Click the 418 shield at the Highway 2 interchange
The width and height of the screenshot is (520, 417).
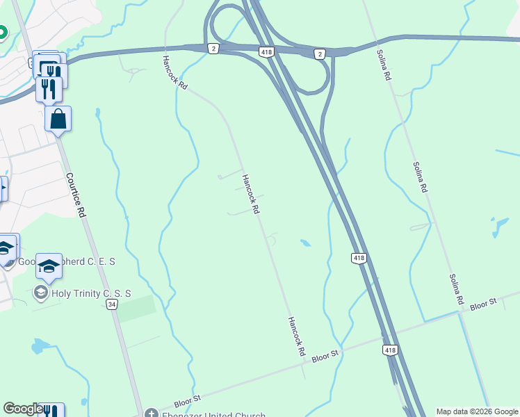(267, 52)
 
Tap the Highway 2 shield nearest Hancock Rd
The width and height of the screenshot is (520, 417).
(213, 48)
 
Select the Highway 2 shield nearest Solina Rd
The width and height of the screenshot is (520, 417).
(319, 54)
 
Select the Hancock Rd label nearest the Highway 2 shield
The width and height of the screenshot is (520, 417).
(174, 72)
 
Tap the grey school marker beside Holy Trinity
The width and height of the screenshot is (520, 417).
(41, 293)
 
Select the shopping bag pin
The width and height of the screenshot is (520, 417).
(58, 118)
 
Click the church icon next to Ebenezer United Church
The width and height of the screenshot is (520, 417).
(151, 413)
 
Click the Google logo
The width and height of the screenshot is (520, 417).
(23, 409)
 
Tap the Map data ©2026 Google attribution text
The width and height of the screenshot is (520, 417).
(476, 411)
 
